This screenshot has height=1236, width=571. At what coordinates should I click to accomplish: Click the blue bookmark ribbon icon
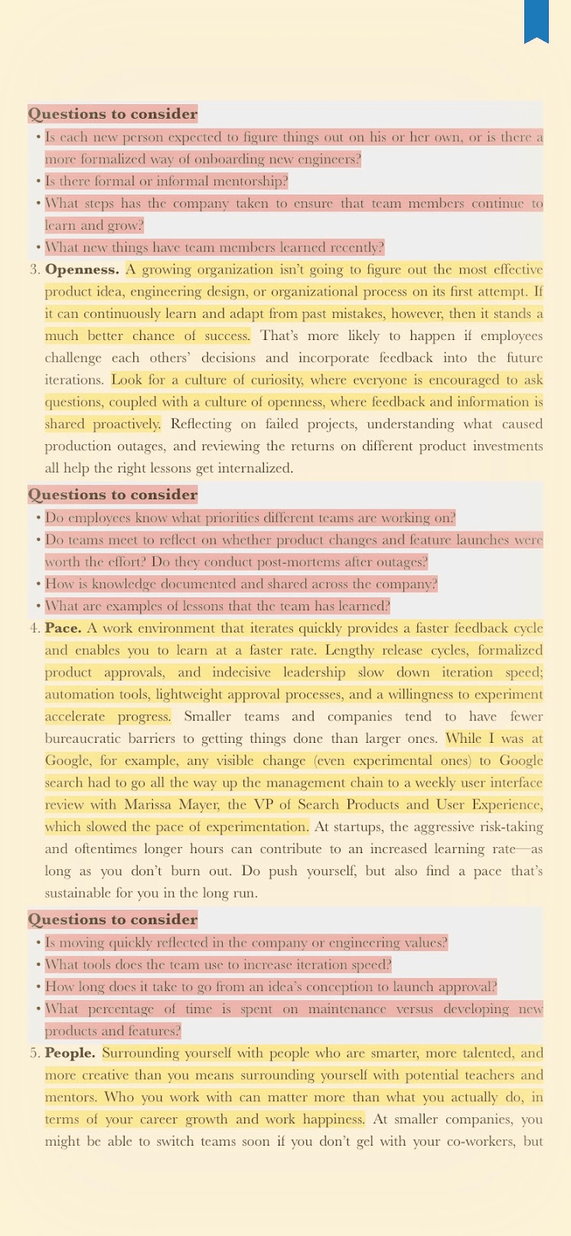click(537, 20)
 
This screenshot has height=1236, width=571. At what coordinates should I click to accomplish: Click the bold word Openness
click(82, 270)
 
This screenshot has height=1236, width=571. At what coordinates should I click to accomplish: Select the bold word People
click(70, 1054)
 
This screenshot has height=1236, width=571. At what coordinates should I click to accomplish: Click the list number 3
click(34, 270)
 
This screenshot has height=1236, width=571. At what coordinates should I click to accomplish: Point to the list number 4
click(34, 629)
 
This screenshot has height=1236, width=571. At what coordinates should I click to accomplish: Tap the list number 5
click(34, 1054)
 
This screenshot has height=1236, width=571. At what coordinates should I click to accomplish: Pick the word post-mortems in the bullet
click(282, 562)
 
